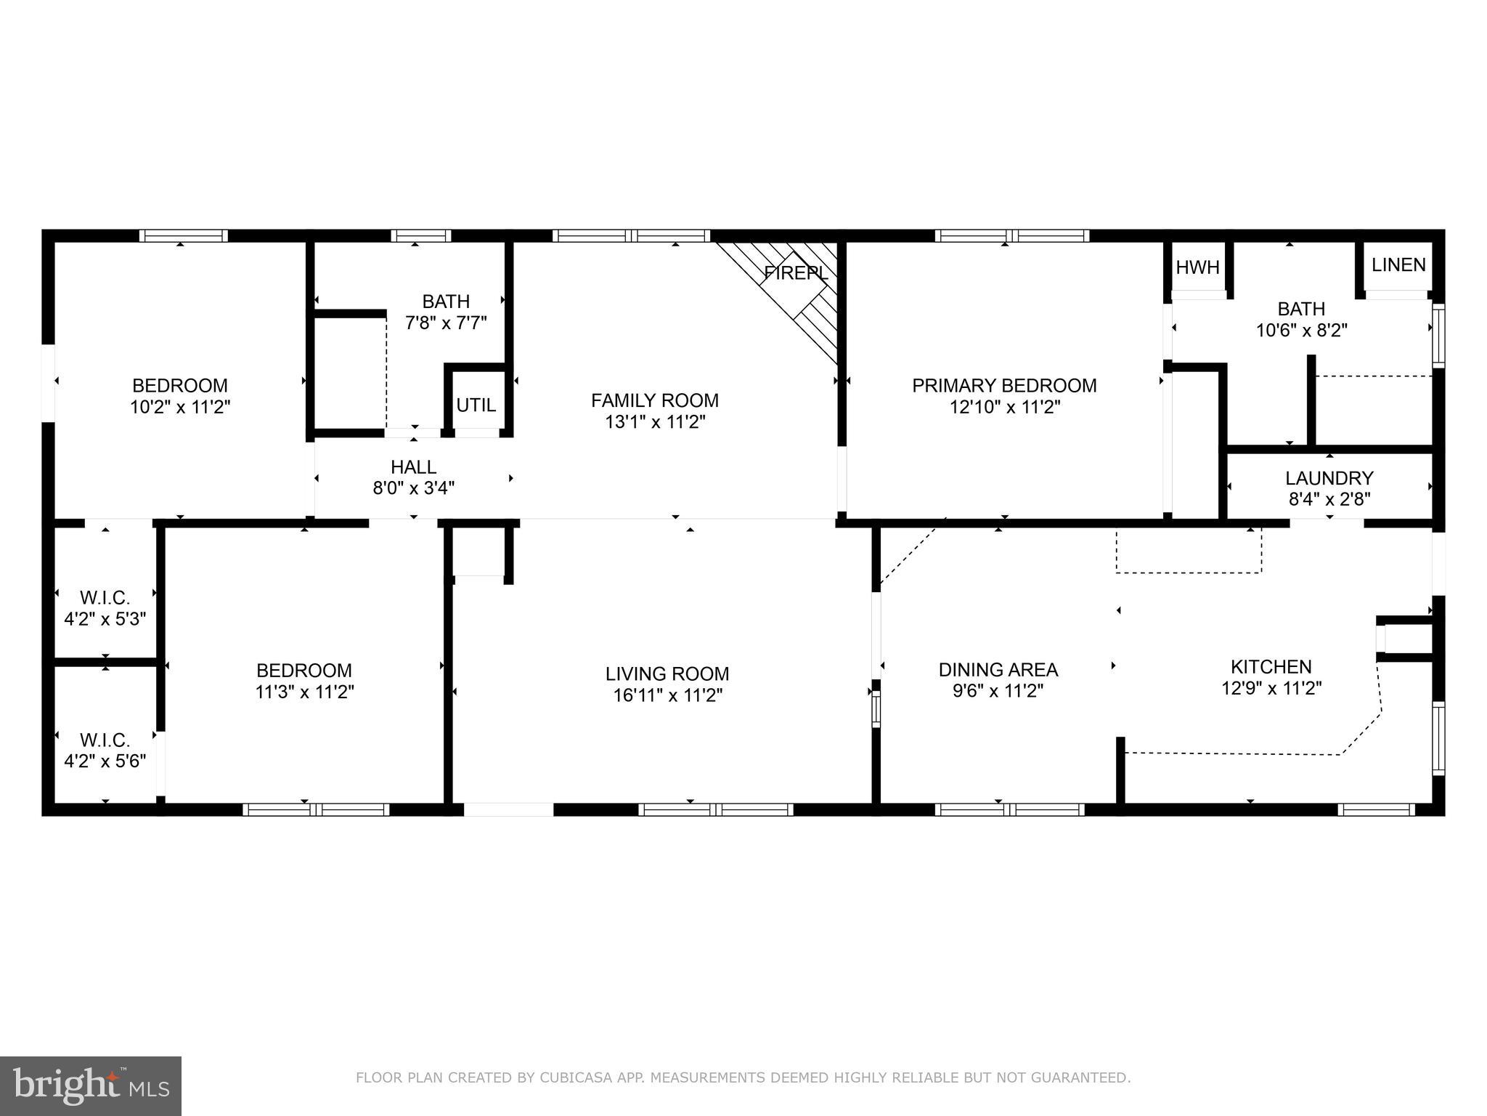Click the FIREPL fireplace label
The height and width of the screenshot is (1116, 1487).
(796, 274)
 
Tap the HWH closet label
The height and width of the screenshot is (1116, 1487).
(1197, 267)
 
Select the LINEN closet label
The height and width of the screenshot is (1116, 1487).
(1398, 265)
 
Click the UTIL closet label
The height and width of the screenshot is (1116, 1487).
(476, 405)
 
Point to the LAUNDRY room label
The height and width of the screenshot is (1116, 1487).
(1329, 478)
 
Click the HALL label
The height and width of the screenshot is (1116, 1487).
(413, 466)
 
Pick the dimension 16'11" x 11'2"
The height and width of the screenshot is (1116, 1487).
(667, 695)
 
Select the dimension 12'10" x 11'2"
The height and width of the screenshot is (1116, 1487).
(1005, 407)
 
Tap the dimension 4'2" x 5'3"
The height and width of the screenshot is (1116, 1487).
(105, 620)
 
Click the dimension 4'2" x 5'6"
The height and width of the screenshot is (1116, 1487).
(105, 761)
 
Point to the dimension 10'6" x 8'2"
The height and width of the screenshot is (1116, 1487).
(1301, 331)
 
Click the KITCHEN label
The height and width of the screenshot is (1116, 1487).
(1271, 666)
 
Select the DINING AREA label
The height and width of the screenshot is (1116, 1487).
(998, 669)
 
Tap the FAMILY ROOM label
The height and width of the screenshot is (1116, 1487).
(654, 400)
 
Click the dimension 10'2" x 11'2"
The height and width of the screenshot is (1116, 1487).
(180, 407)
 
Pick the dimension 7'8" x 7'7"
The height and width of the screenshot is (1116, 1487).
(446, 323)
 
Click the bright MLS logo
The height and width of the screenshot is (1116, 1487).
(90, 1086)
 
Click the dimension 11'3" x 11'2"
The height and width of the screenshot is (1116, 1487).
(304, 692)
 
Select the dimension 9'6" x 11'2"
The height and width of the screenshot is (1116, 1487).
(998, 691)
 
